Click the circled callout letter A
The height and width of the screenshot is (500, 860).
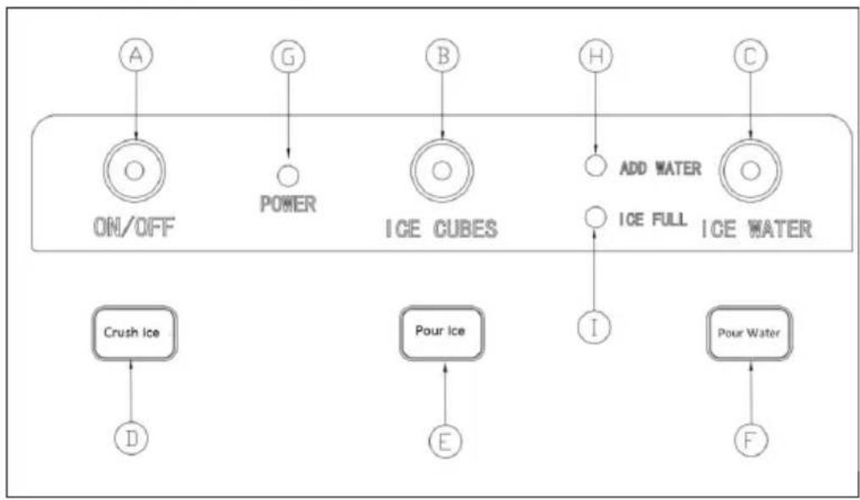pos(136,55)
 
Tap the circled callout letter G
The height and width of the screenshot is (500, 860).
pos(288,56)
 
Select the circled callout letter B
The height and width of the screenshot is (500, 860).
pos(442,55)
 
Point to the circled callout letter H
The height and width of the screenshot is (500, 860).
pos(596,55)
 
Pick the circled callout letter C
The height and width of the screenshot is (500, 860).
pos(751,55)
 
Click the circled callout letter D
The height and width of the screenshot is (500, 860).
pos(131,438)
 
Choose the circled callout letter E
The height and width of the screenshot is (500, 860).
pos(445,441)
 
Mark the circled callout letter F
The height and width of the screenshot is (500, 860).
pos(751,440)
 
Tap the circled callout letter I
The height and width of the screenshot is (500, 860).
pos(595,327)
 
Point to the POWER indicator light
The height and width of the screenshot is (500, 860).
pos(288,175)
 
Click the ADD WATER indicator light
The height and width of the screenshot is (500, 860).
pos(595,166)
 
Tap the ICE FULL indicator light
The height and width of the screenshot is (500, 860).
pos(595,217)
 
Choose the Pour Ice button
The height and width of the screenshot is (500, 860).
pos(441,332)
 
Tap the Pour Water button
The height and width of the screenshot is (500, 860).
pos(750,332)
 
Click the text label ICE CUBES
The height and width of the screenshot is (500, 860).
pos(442,229)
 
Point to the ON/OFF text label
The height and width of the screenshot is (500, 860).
pos(135,226)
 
